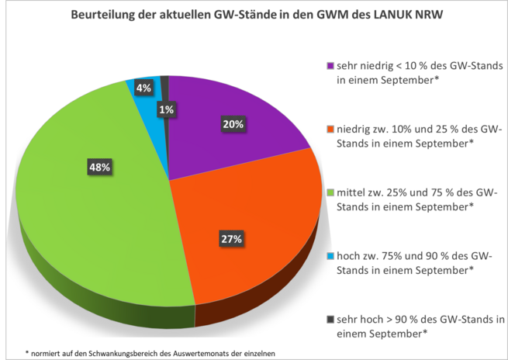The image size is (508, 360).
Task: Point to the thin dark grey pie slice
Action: pos(164,81)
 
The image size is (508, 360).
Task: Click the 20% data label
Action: pos(233,124)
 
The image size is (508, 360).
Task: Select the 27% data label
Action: pos(231,239)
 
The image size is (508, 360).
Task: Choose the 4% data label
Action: pos(143,88)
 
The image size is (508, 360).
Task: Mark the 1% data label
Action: pos(166,110)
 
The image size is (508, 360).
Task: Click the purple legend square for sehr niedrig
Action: pos(331,66)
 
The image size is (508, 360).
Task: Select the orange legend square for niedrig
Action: pos(331,130)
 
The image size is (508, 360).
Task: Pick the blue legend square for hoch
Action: pos(331,256)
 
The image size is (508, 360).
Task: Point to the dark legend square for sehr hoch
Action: pos(331,320)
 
